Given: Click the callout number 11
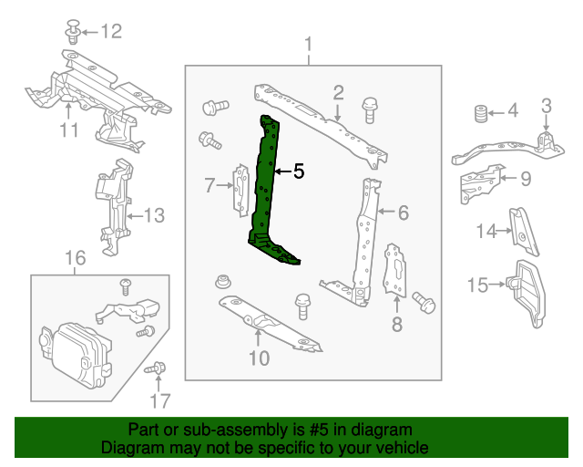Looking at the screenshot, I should (x=69, y=130).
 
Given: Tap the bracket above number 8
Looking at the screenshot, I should (x=397, y=270).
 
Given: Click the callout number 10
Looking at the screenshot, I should (x=259, y=358).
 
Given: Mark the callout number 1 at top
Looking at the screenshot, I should (x=308, y=45).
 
